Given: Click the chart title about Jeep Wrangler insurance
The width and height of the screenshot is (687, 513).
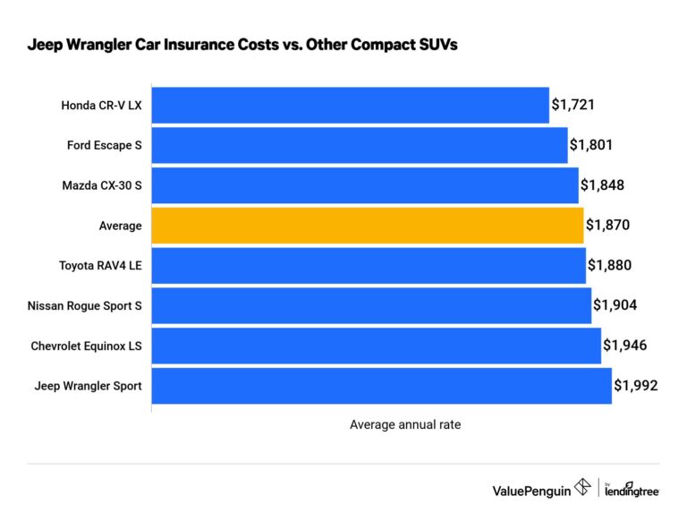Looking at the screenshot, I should coord(242,46).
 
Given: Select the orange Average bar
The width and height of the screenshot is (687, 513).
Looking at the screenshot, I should coord(368,226).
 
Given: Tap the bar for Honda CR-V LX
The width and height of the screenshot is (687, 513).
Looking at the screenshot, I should coord(350,106).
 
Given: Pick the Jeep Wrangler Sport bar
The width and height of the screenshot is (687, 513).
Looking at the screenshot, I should coord(382,386).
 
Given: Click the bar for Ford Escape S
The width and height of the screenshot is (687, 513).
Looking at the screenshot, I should coord(360,145).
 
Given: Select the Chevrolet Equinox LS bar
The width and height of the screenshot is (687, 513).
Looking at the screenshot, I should coord(376,346).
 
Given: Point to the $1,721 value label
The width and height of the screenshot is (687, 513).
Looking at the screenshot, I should coord(572,106).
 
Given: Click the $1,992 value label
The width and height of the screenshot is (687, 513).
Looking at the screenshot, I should coord(636,386).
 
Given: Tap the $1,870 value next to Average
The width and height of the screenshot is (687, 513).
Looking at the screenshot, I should coord(608,226).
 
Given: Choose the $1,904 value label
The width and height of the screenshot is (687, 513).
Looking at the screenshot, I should coord(615,305).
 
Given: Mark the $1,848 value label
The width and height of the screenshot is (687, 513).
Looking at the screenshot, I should coord(602,185).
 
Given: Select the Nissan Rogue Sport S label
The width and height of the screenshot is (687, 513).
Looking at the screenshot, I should coord(85,305).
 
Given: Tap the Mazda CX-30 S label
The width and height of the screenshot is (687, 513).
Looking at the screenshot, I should coord(102,185).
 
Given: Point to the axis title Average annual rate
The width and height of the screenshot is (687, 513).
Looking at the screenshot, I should coord(405,425).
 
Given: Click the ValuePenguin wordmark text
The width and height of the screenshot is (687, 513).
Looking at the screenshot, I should coord(531,490).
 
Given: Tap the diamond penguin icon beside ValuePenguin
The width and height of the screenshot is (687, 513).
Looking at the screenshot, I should coord(583,488).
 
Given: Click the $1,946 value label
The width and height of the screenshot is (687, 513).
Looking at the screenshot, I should coord(624,346).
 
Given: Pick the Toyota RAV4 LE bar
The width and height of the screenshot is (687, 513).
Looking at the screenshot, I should coord(369,266).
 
